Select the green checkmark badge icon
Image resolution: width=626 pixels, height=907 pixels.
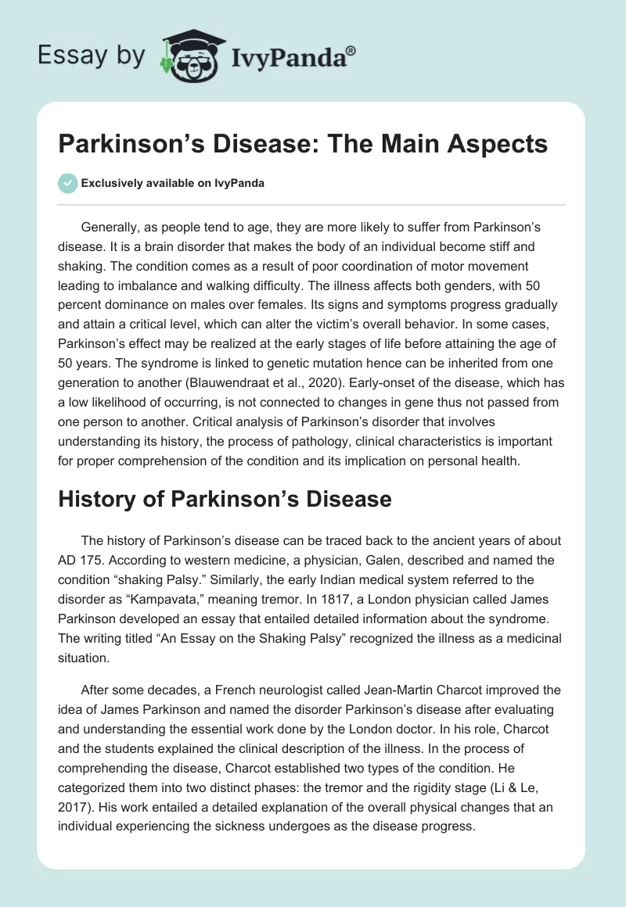(x=67, y=183)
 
